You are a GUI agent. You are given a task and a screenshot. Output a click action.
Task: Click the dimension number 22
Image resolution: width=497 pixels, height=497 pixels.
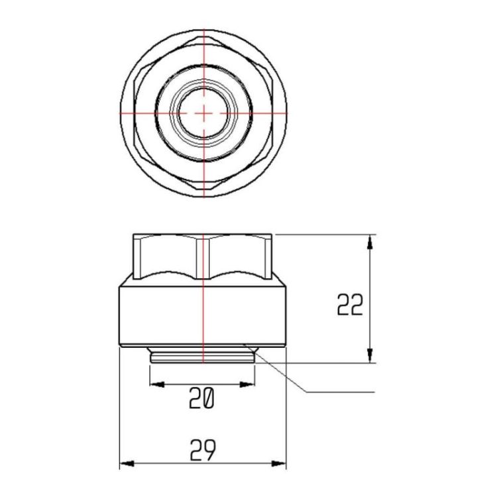click(x=350, y=305)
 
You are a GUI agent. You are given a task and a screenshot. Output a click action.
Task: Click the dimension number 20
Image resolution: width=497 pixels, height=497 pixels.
click(x=202, y=398)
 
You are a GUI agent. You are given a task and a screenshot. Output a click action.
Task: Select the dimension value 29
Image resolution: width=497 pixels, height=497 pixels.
click(x=203, y=450)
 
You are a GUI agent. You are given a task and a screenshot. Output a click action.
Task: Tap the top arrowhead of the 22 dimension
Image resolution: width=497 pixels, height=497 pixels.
click(x=370, y=242)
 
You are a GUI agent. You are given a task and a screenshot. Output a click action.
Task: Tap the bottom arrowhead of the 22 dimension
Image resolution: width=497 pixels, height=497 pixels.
click(x=370, y=355)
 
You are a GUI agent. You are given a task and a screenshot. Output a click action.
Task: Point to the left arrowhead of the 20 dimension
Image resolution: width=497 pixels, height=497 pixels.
click(x=157, y=384)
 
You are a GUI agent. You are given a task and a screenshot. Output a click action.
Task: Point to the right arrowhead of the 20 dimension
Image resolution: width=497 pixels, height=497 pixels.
click(x=247, y=384)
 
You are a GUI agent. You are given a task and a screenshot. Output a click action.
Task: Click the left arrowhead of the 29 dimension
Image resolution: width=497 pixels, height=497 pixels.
click(x=127, y=464)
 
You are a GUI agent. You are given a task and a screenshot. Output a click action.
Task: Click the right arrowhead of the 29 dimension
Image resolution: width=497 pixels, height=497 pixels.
click(x=278, y=464)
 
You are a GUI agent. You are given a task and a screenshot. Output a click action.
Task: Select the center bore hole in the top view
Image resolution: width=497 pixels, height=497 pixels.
click(x=203, y=113)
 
